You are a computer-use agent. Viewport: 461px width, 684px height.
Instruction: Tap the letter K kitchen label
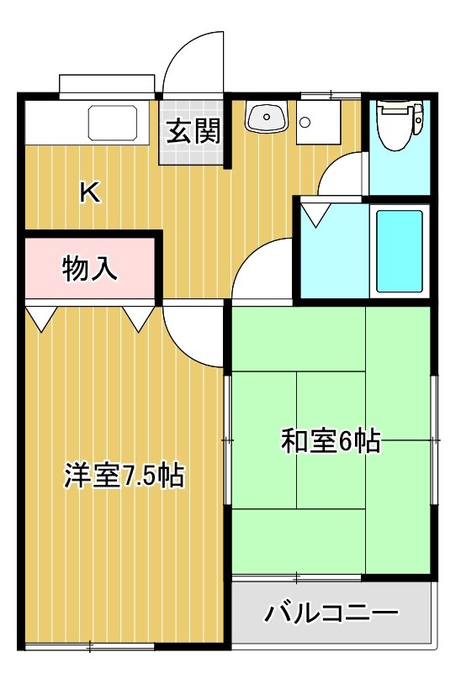coord(90,192)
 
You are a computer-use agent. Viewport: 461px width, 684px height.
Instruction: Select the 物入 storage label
coord(90,268)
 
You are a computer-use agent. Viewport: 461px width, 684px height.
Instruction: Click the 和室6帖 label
coord(331,441)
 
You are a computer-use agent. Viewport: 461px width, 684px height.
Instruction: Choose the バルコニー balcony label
coord(331,613)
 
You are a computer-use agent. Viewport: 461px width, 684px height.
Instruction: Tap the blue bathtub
coord(400,251)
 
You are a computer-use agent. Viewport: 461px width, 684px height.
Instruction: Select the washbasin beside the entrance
coord(267,116)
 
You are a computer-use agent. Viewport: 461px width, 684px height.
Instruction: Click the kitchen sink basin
coord(113,123)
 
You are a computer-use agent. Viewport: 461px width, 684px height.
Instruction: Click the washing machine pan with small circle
coord(318,123)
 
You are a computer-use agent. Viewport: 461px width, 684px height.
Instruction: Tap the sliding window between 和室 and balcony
coord(296,578)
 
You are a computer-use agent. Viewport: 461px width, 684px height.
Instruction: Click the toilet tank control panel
coord(418,119)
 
